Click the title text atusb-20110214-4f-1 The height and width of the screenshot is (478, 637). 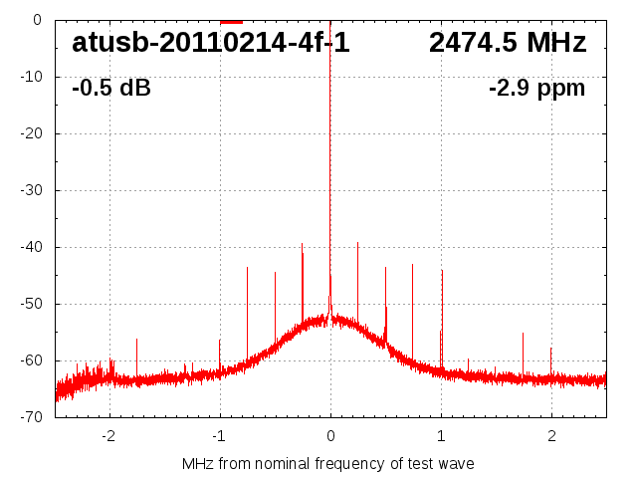(211, 43)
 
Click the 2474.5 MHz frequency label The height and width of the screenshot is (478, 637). (508, 43)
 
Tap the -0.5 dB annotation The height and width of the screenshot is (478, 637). (111, 89)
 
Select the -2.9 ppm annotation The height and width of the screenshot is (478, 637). (536, 89)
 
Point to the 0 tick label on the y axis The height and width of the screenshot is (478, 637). (36, 20)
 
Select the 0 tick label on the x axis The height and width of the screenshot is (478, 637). (330, 435)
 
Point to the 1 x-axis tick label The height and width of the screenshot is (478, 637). (441, 435)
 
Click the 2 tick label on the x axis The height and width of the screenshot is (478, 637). (551, 435)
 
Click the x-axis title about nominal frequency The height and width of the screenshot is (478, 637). (328, 463)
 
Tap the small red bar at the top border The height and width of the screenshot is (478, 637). (231, 21)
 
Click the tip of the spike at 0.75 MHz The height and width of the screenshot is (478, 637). (413, 265)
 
